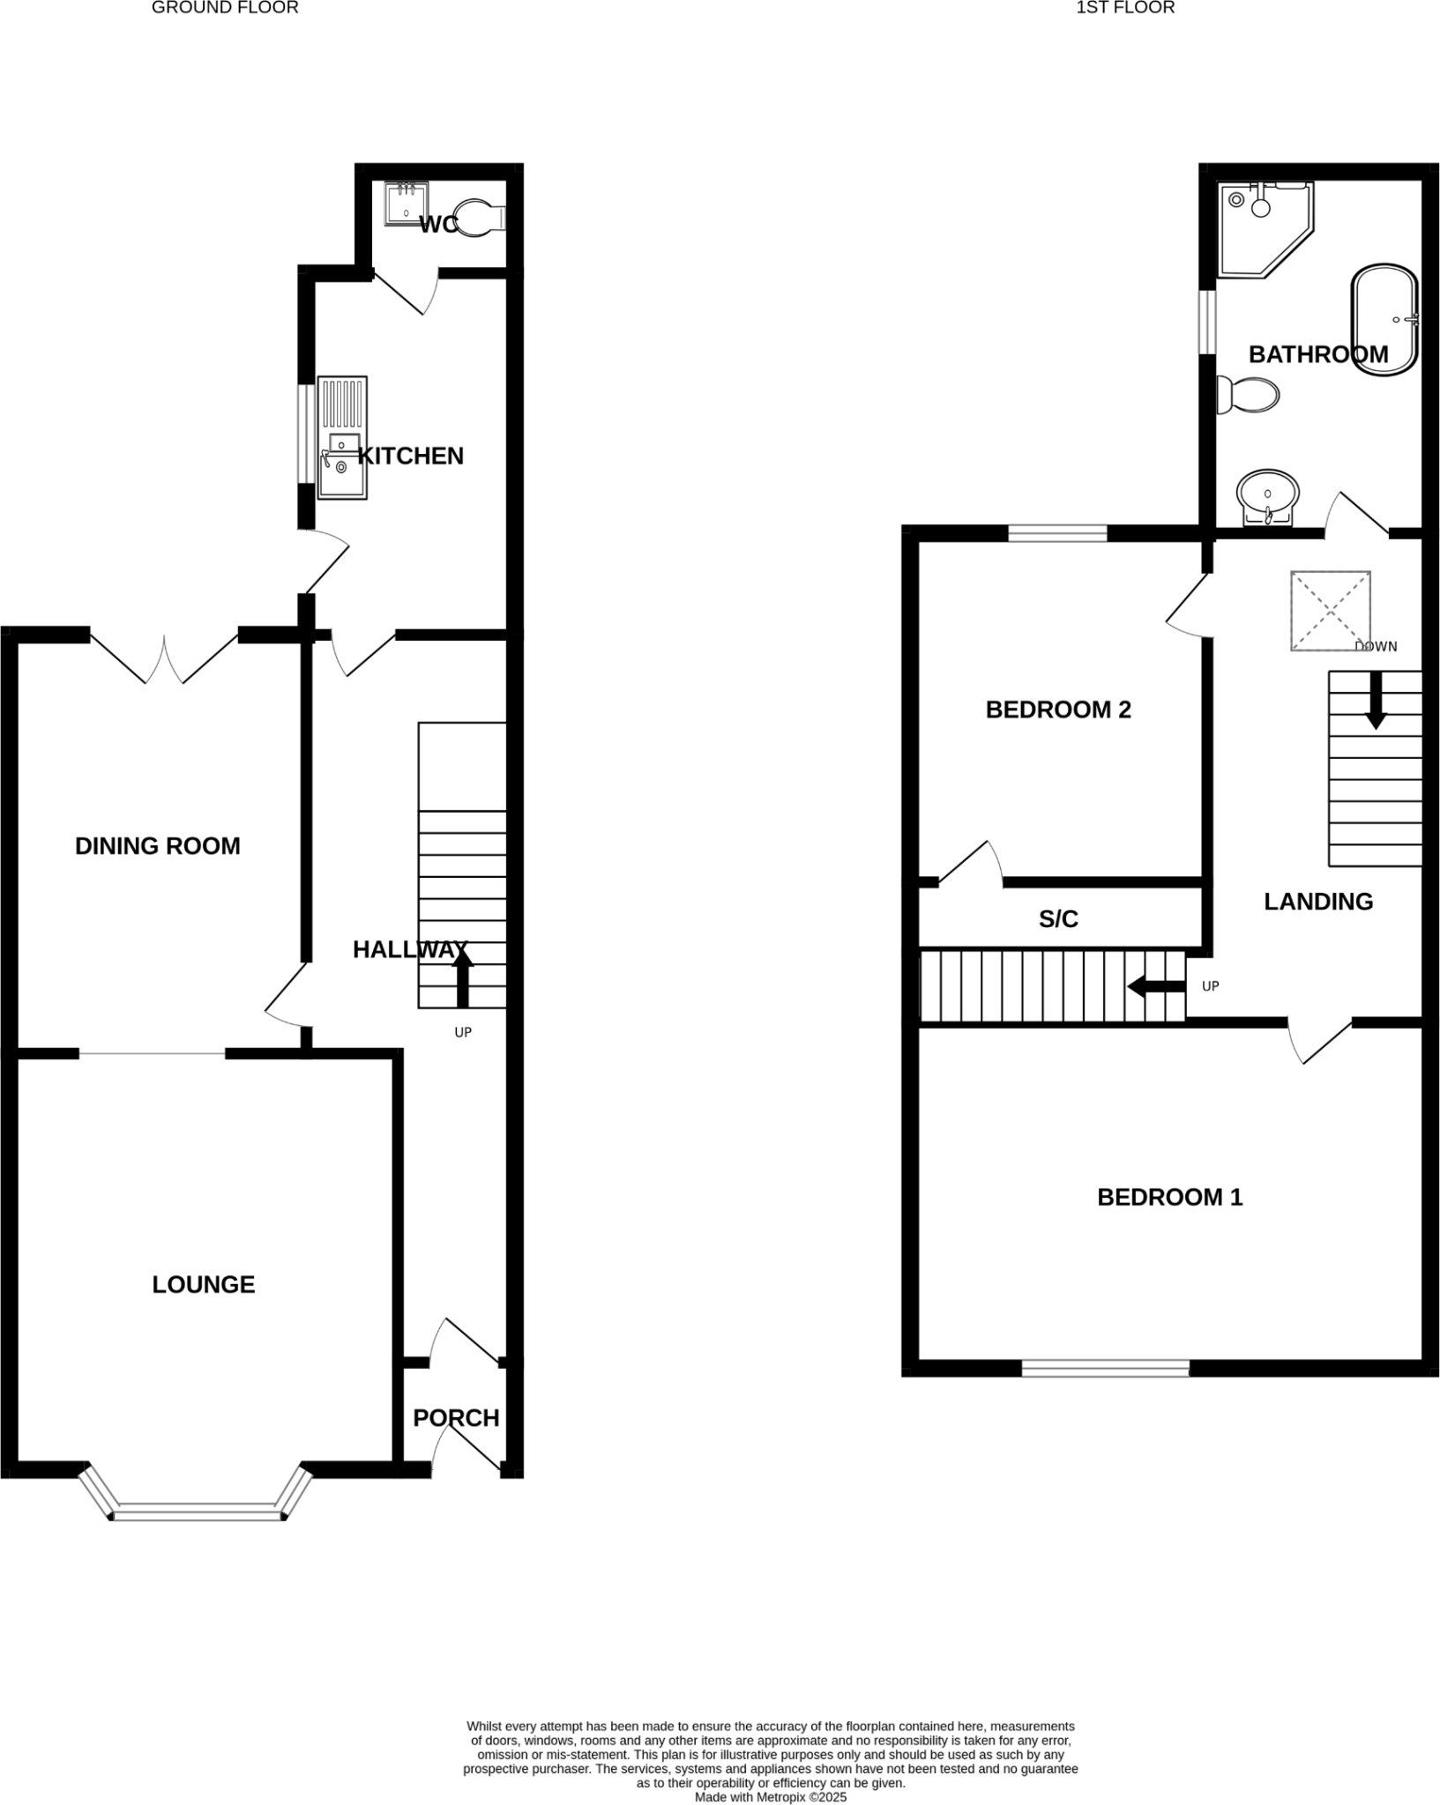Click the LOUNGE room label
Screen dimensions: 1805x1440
[x=203, y=1284]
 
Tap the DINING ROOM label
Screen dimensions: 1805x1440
[x=157, y=846]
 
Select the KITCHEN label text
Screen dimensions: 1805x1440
[x=410, y=456]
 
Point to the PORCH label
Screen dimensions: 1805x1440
[x=456, y=1417]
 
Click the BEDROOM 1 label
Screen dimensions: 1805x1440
[x=1169, y=1197]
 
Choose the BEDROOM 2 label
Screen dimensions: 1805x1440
[x=1057, y=709]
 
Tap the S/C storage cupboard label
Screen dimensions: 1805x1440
[x=1058, y=919]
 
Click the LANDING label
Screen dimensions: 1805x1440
[x=1318, y=902]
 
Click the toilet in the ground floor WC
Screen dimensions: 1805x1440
[x=481, y=217]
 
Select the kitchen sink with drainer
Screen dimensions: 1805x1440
[x=342, y=438]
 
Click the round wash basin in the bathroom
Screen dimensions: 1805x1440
[x=1268, y=494]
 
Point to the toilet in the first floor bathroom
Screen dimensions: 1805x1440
[x=1248, y=395]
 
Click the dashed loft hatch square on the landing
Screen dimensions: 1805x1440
[x=1330, y=611]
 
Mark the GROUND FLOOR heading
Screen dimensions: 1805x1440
[x=225, y=8]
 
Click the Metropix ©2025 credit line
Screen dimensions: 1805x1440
[x=770, y=1797]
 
